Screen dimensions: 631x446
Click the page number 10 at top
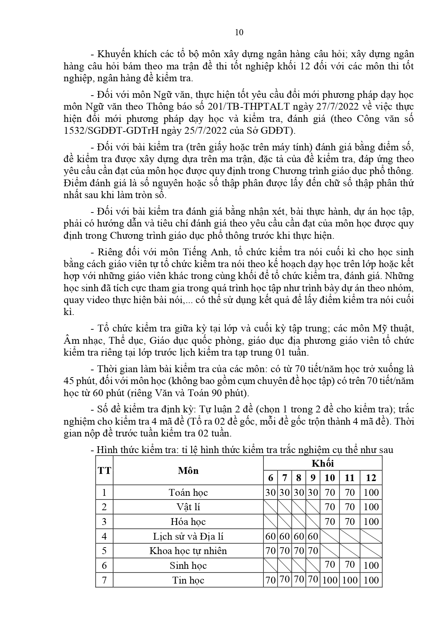tap(239, 32)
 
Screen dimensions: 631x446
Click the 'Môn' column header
tap(188, 471)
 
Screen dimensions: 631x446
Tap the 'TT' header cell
tap(104, 471)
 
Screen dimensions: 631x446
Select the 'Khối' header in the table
tap(322, 463)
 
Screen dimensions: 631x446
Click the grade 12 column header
tap(371, 478)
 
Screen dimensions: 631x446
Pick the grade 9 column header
tap(313, 478)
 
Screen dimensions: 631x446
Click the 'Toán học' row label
tap(188, 493)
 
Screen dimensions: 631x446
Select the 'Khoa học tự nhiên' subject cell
tap(188, 551)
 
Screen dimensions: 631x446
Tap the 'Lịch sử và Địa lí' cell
tap(188, 536)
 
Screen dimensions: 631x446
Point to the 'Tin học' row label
tap(188, 580)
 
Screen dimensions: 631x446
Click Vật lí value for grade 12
tap(371, 507)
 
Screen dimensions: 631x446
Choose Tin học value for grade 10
tap(330, 580)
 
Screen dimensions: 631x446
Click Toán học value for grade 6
tap(270, 493)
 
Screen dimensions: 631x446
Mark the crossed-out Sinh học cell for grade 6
tap(270, 566)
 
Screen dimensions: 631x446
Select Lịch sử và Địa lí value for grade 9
tap(313, 536)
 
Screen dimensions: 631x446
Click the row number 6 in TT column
tap(104, 566)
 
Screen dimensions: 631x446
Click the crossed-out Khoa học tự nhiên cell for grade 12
tap(371, 551)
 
